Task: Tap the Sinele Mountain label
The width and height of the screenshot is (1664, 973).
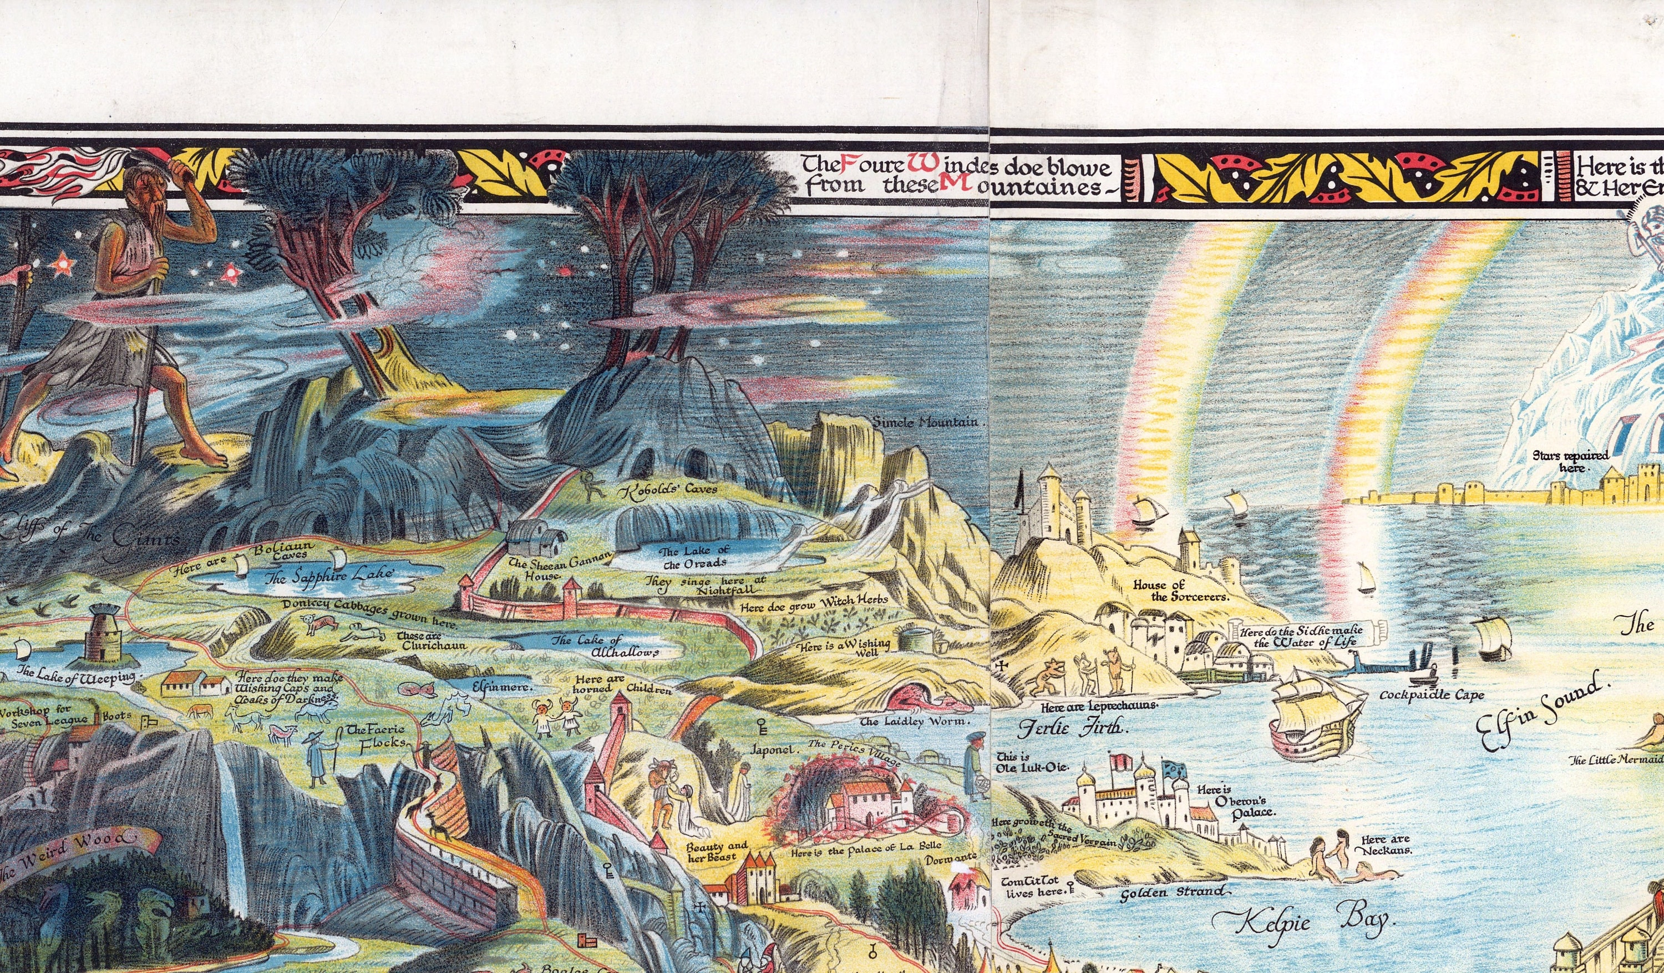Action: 929,421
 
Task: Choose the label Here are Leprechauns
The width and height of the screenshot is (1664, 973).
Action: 1098,705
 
